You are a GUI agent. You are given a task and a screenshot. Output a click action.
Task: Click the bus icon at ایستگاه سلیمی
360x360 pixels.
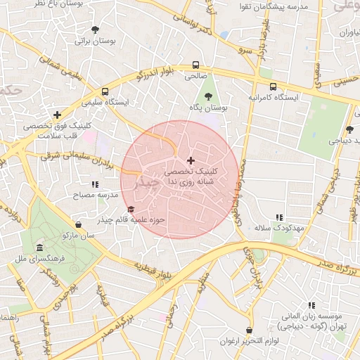[x=105, y=91]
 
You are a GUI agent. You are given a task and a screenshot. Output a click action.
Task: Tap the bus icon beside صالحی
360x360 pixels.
[x=195, y=66]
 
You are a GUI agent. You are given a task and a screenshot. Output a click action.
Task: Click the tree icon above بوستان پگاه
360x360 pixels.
[x=207, y=96]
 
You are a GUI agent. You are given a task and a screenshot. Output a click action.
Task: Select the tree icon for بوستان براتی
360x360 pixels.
[x=95, y=30]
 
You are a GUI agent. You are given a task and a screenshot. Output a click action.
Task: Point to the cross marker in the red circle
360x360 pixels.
[x=190, y=161]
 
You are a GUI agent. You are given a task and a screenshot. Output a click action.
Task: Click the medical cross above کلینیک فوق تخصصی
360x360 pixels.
[x=57, y=115]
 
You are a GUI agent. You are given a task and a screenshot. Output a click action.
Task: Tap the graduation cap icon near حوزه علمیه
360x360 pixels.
[x=130, y=210]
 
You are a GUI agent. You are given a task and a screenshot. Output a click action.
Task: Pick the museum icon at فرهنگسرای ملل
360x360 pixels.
[x=39, y=248]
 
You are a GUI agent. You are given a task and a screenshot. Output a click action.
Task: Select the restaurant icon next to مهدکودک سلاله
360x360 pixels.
[x=279, y=218]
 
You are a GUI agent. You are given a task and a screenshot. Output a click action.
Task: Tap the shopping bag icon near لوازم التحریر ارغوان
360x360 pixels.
[x=250, y=330]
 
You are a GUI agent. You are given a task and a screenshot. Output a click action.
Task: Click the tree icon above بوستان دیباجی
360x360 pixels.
[x=349, y=129]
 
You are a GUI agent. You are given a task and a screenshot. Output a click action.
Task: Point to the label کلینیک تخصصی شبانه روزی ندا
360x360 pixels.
[x=191, y=176]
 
